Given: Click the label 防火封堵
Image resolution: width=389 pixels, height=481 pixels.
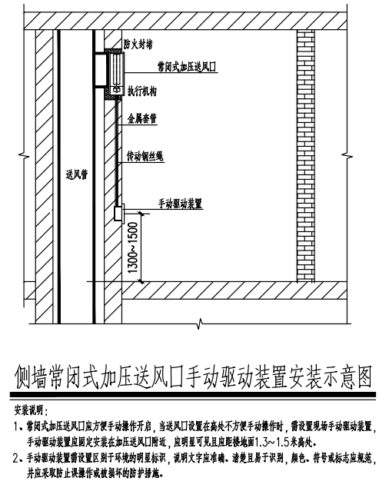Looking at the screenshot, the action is coord(138,45).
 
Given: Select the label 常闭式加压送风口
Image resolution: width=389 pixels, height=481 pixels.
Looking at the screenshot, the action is coord(187,67).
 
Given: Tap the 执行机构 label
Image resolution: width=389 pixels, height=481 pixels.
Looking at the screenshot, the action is coord(142,91).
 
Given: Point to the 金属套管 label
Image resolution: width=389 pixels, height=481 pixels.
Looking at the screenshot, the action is coord(142,118).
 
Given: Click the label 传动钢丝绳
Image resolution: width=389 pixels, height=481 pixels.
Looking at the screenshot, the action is coord(145,156).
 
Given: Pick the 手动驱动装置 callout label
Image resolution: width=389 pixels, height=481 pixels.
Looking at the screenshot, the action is coord(180,204).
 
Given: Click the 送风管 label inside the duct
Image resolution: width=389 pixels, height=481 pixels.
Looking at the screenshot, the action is coord(77,174).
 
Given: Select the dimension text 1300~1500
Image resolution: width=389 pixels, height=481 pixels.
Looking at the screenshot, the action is coord(134,247).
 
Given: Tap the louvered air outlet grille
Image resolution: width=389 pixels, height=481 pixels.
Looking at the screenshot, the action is coord(117,69).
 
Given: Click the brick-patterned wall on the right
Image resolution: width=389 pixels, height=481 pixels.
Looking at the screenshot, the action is coord(306,155).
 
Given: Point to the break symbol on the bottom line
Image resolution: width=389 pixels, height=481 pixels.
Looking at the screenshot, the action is coord(200,323).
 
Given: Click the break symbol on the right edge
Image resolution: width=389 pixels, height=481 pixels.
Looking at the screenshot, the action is coord(347,155).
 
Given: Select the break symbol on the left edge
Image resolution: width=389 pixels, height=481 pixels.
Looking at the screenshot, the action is coord(24,155).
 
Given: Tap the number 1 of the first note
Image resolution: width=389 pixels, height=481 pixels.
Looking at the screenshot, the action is coord(16,426).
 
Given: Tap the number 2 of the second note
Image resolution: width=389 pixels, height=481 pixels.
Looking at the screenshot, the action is coord(16,458).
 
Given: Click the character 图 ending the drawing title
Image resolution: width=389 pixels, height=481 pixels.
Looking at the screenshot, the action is coord(364,376).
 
